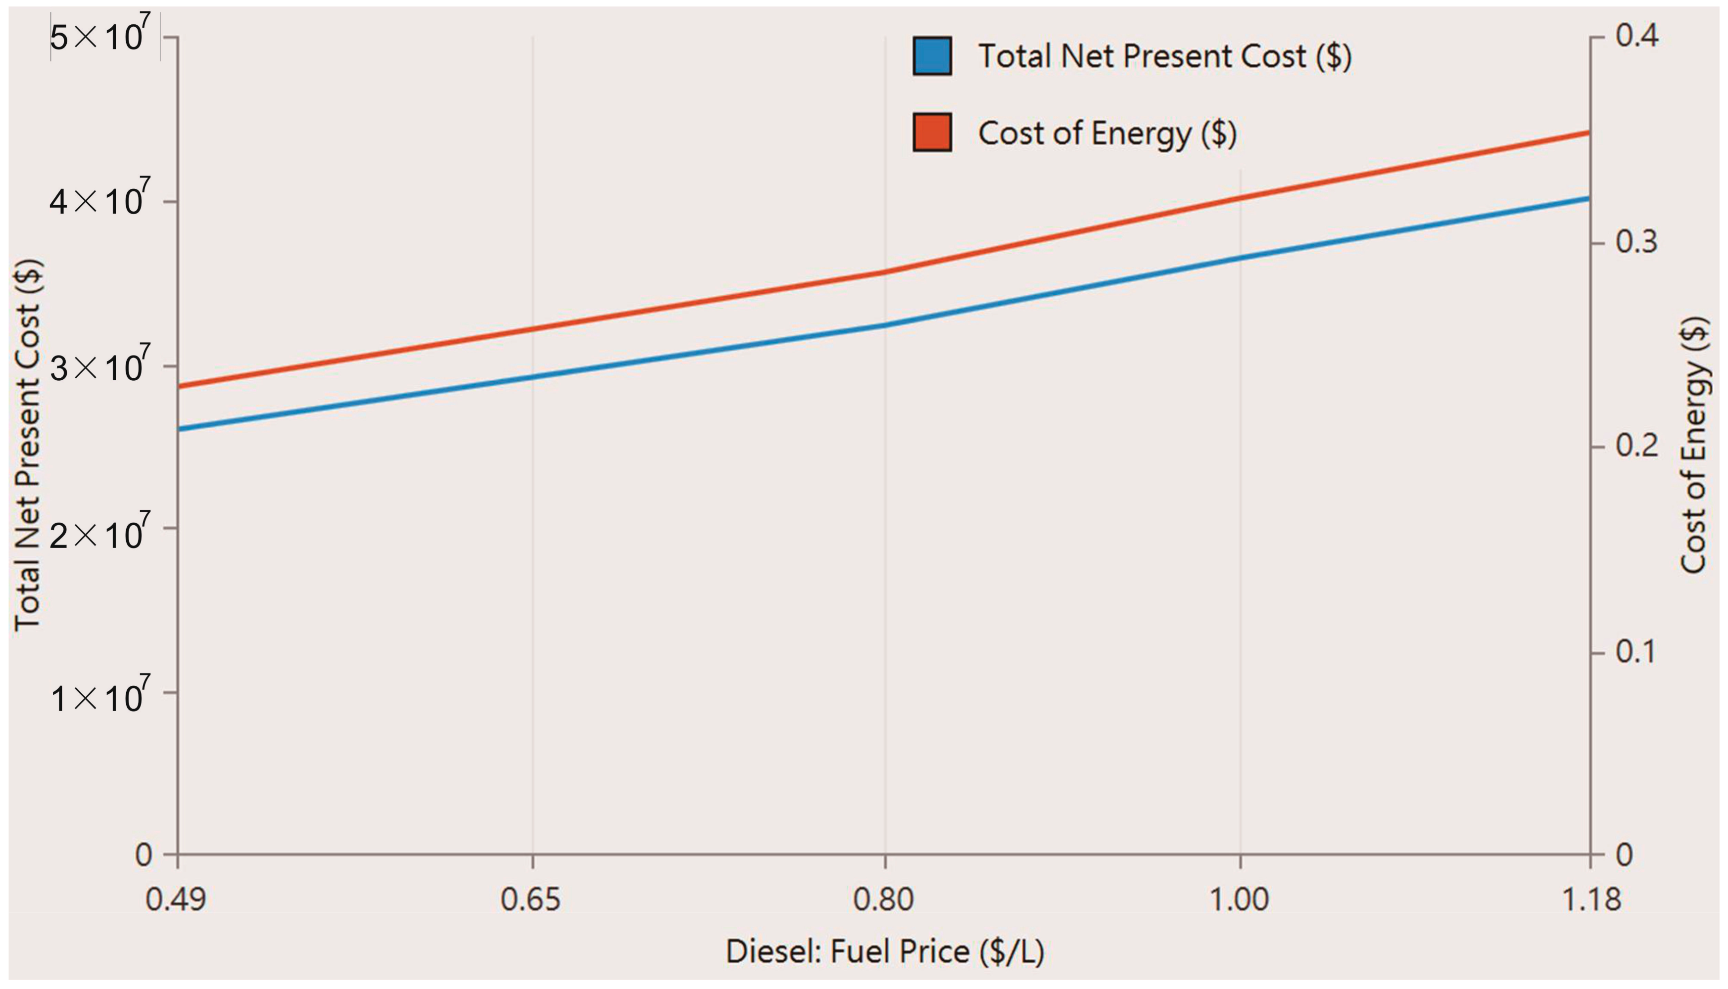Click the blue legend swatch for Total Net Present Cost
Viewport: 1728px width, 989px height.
point(932,56)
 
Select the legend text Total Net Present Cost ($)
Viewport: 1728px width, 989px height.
point(1165,56)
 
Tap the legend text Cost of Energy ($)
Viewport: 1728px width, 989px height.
point(1107,133)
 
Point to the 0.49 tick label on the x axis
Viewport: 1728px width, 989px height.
point(176,900)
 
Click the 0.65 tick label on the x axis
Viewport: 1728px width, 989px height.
point(530,900)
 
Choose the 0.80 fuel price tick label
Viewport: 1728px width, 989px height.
point(883,900)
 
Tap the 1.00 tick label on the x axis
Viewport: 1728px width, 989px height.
point(1239,900)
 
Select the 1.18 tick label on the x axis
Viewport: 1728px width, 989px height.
point(1591,900)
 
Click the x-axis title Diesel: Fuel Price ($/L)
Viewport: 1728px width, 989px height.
point(885,951)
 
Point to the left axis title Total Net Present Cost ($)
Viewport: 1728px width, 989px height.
point(29,445)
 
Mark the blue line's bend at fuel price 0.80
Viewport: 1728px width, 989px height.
point(885,325)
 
